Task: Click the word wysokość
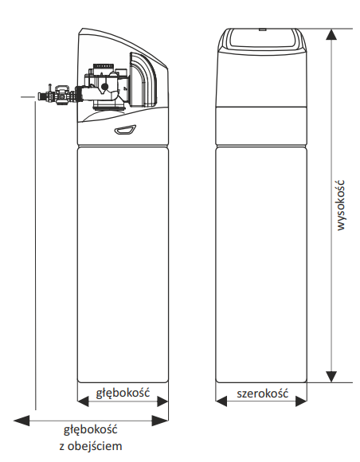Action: [x=340, y=205]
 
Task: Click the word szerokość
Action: [x=263, y=393]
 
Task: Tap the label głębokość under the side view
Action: [x=123, y=393]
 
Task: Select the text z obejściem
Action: [x=91, y=446]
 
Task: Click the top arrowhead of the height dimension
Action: [x=331, y=34]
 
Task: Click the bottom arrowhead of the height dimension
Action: [x=331, y=377]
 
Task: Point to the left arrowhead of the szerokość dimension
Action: [x=221, y=401]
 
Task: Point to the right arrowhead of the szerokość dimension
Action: [x=301, y=401]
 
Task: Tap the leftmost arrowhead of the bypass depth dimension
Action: [x=22, y=421]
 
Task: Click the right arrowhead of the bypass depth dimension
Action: [x=160, y=421]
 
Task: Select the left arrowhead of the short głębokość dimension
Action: [x=83, y=401]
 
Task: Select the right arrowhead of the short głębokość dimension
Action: [x=162, y=401]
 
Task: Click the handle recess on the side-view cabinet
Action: [x=125, y=130]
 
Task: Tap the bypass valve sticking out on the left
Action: [x=57, y=95]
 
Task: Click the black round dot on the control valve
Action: [x=104, y=87]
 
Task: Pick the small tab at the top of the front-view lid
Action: [x=263, y=29]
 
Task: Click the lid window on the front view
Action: [x=263, y=38]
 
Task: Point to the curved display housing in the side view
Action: [x=143, y=80]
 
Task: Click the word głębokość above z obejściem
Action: [x=91, y=430]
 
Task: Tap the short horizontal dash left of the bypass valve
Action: [x=28, y=96]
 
